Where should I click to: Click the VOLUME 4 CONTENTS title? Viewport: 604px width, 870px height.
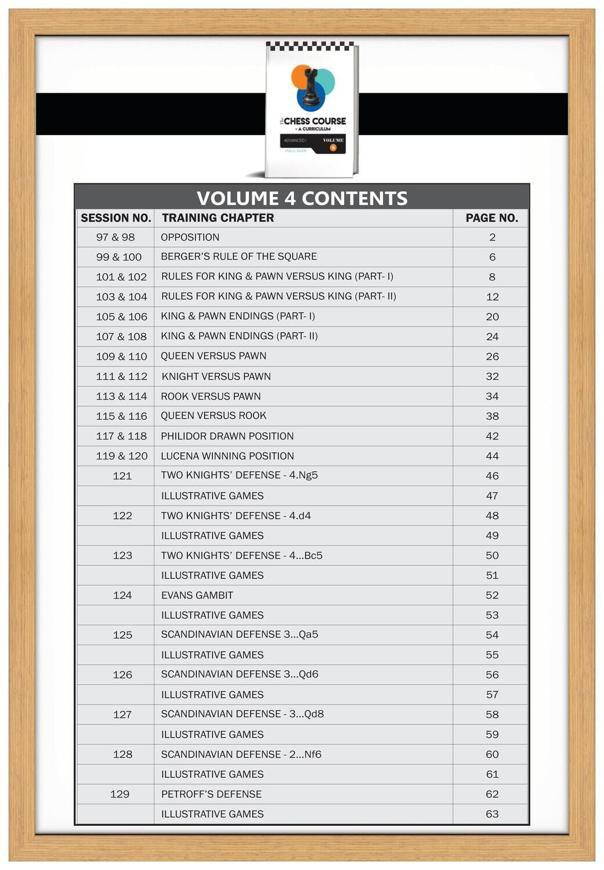[x=302, y=198]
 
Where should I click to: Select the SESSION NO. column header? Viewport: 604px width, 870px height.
[x=115, y=218]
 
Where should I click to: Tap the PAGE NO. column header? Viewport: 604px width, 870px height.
[x=491, y=218]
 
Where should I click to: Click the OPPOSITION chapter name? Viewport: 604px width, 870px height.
[x=190, y=237]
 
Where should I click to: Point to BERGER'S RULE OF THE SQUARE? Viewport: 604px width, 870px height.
[x=238, y=256]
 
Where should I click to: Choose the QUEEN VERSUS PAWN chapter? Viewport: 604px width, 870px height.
[x=214, y=356]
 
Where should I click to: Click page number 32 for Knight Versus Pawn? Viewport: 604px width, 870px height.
[x=492, y=376]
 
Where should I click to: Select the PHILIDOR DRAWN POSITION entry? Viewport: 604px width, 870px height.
[x=227, y=436]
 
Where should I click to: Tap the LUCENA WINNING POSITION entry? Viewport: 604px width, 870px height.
[x=227, y=456]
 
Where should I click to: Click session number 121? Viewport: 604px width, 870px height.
[x=122, y=476]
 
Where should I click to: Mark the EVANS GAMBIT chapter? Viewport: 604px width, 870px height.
[x=197, y=595]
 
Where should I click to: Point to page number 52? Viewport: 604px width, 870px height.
[x=492, y=595]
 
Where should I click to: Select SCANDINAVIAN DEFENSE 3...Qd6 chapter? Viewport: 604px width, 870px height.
[x=239, y=675]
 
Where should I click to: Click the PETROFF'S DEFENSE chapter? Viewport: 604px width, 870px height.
[x=211, y=794]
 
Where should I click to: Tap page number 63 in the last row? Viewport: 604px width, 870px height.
[x=492, y=814]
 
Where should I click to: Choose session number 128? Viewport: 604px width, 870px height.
[x=122, y=755]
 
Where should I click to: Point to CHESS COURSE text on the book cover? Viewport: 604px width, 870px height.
[x=314, y=121]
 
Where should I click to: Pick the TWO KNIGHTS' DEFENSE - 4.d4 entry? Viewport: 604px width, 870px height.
[x=236, y=516]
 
